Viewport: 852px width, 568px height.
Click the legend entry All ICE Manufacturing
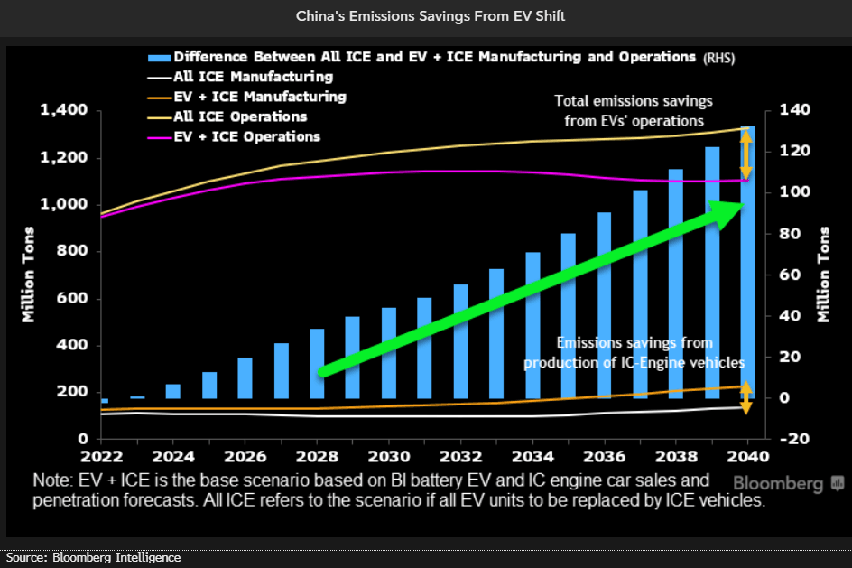(x=254, y=78)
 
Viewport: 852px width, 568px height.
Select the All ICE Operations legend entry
(x=240, y=117)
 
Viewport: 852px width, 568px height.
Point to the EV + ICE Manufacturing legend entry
(x=260, y=97)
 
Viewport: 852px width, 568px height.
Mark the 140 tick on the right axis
(x=777, y=111)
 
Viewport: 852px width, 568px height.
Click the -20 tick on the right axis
(x=777, y=439)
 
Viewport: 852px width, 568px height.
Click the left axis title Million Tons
(x=29, y=275)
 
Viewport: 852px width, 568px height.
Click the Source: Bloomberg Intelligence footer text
(x=91, y=558)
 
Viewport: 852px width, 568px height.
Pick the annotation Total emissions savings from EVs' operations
(x=634, y=111)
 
